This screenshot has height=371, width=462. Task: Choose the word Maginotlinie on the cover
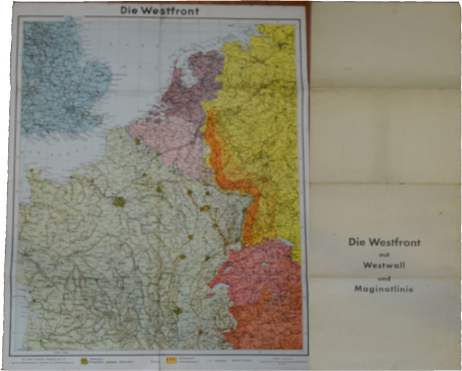(x=384, y=289)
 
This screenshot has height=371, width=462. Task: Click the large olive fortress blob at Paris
(x=119, y=202)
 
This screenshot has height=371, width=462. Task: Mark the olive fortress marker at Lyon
(x=177, y=311)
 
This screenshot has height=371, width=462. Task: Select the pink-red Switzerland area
(x=259, y=272)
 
